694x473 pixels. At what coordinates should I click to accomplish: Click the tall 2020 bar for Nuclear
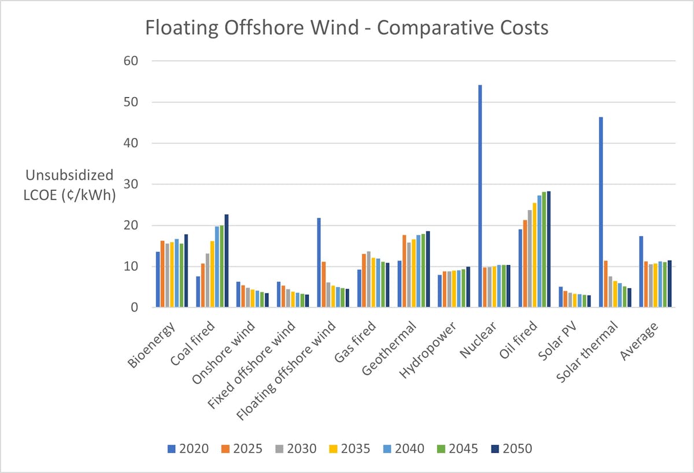480,196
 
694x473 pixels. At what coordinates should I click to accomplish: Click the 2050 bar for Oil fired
548,249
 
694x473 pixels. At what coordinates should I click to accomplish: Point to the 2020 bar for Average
641,272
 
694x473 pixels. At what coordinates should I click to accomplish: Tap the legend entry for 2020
189,449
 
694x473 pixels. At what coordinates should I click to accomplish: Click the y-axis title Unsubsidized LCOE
69,185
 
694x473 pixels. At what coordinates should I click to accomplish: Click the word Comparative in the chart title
424,27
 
